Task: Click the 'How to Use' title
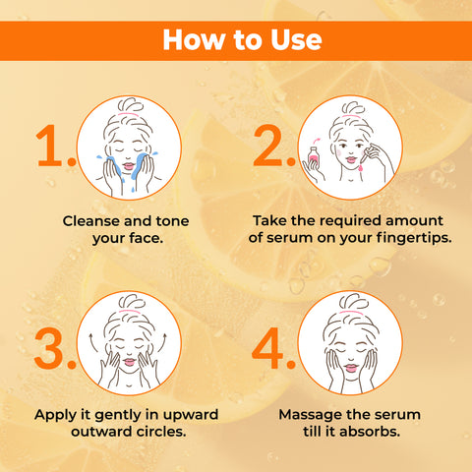pyautogui.click(x=241, y=40)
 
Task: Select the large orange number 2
pyautogui.click(x=273, y=147)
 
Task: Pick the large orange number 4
pyautogui.click(x=273, y=349)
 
